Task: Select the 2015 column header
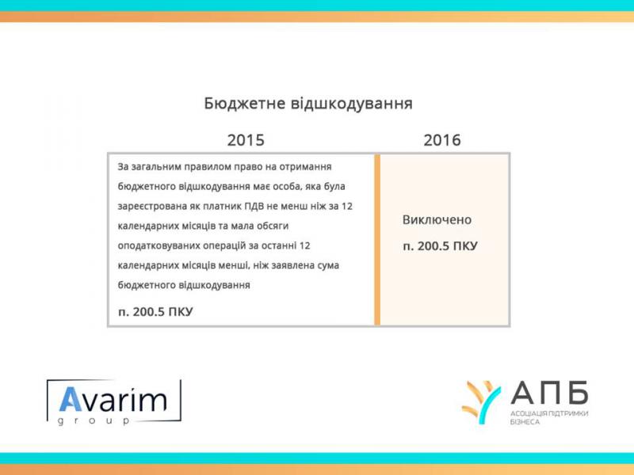coord(246,140)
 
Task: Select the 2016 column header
coord(442,140)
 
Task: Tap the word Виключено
coord(437,220)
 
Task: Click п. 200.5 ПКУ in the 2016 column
coord(440,246)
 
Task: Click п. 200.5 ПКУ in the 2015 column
coord(155,312)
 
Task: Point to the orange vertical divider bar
coord(377,240)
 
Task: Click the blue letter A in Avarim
coord(71,400)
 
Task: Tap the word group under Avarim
coord(94,421)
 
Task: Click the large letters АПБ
coord(549,393)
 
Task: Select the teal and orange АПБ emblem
coord(481,402)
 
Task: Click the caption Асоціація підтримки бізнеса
coord(549,418)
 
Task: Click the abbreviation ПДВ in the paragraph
coord(254,207)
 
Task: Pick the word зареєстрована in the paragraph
coord(152,207)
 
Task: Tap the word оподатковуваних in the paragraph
coord(159,246)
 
